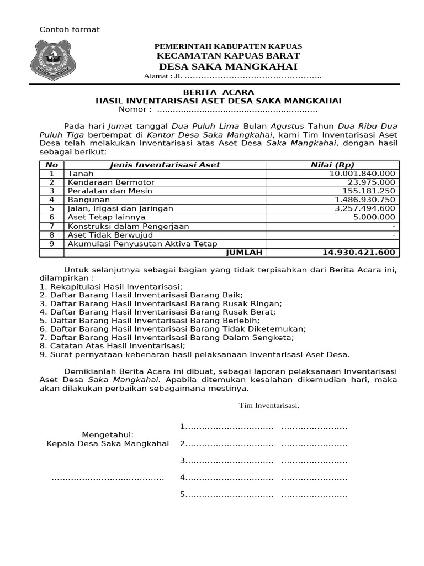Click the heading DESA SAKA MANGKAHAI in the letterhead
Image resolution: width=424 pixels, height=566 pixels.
click(x=227, y=67)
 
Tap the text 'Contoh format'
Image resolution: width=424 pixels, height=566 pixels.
click(x=69, y=29)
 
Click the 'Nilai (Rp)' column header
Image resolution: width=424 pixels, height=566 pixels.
click(x=332, y=165)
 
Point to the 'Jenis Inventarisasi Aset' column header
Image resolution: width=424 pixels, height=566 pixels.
click(x=165, y=165)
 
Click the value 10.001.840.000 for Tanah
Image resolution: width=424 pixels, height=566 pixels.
click(x=362, y=174)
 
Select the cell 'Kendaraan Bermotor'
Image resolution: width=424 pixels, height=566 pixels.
click(x=111, y=182)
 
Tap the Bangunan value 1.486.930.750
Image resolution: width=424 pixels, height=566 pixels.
click(x=364, y=200)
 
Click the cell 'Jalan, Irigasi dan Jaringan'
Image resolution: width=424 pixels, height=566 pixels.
click(x=120, y=208)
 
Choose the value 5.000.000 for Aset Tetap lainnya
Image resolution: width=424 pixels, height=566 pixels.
click(x=374, y=217)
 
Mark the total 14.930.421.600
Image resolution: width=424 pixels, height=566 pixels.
click(x=359, y=252)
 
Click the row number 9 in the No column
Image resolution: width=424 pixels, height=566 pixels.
click(x=52, y=243)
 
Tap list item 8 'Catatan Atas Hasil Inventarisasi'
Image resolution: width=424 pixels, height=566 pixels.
click(x=112, y=346)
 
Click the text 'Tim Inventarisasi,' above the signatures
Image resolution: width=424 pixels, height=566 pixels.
click(x=269, y=405)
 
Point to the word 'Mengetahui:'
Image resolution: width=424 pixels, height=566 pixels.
click(x=108, y=434)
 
